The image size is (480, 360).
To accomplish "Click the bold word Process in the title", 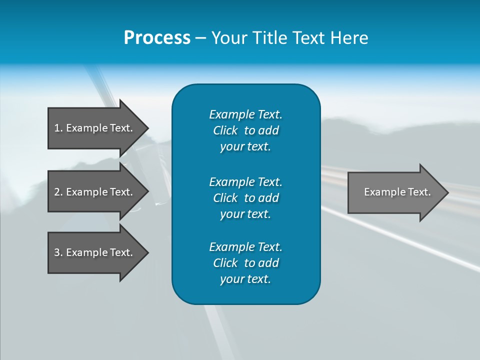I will click(x=157, y=38).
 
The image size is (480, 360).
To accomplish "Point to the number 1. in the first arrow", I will click(x=58, y=128).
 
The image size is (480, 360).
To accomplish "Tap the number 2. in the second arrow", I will click(x=58, y=192).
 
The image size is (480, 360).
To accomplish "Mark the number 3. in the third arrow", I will click(x=58, y=252).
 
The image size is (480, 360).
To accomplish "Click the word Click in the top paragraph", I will click(x=225, y=130).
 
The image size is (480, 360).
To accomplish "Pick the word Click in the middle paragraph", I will click(x=225, y=198).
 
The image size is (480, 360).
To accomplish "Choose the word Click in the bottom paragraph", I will click(x=225, y=263).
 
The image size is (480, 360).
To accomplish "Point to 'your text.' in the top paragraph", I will click(x=245, y=147).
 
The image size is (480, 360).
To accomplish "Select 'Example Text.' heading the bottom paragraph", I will click(x=245, y=247).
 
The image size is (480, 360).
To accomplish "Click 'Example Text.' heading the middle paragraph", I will click(x=245, y=182).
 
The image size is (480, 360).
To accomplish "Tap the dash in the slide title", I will click(x=200, y=38).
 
